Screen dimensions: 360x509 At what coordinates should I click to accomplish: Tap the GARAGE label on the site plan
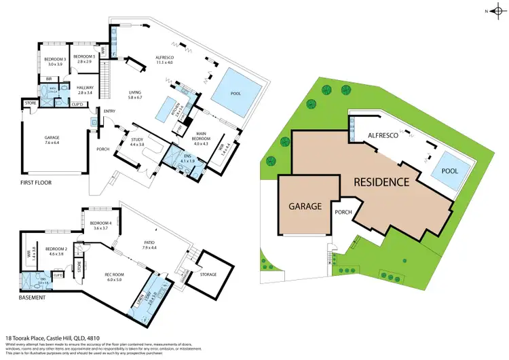(x=305, y=205)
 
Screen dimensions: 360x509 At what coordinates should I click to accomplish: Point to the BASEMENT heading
(x=31, y=297)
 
